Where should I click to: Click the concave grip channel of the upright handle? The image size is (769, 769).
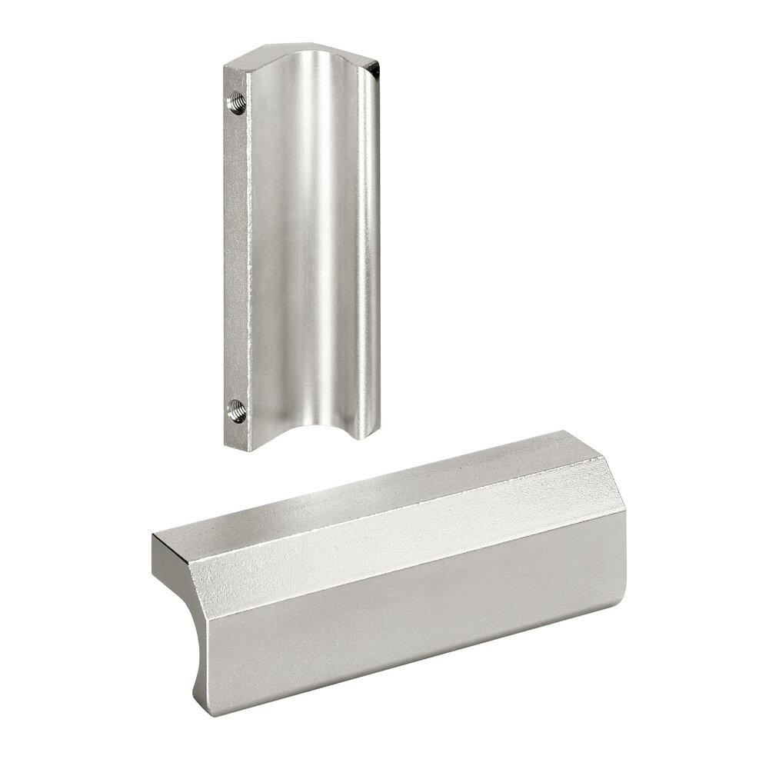point(308,254)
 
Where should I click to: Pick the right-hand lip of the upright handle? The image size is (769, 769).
point(371,254)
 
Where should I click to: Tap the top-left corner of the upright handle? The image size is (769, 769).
point(225,68)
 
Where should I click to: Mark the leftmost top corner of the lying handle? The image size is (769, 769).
point(153,537)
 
